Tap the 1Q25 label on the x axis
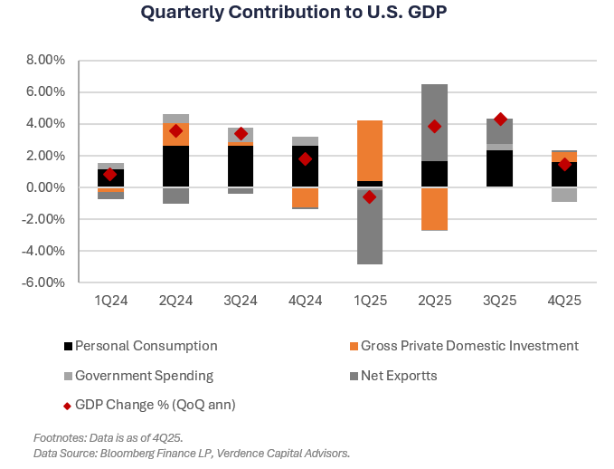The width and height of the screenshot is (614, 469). point(369,298)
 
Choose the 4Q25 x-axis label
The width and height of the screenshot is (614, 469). point(564,298)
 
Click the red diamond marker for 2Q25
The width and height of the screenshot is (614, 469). point(434,127)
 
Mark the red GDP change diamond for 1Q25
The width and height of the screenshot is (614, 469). point(369,196)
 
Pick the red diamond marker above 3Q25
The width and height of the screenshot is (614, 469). point(500,120)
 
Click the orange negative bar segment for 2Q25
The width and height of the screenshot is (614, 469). point(434,208)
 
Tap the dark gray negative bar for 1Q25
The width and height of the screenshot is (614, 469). point(369,225)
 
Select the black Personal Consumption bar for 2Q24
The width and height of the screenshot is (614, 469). point(175,167)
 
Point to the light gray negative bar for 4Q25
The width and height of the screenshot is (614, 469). point(564,195)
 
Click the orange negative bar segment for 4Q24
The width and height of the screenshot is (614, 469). point(305,197)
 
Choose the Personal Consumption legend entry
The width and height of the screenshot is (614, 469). point(146,346)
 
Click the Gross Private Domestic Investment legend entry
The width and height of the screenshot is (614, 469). point(468,346)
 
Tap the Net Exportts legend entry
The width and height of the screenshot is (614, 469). point(398,375)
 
